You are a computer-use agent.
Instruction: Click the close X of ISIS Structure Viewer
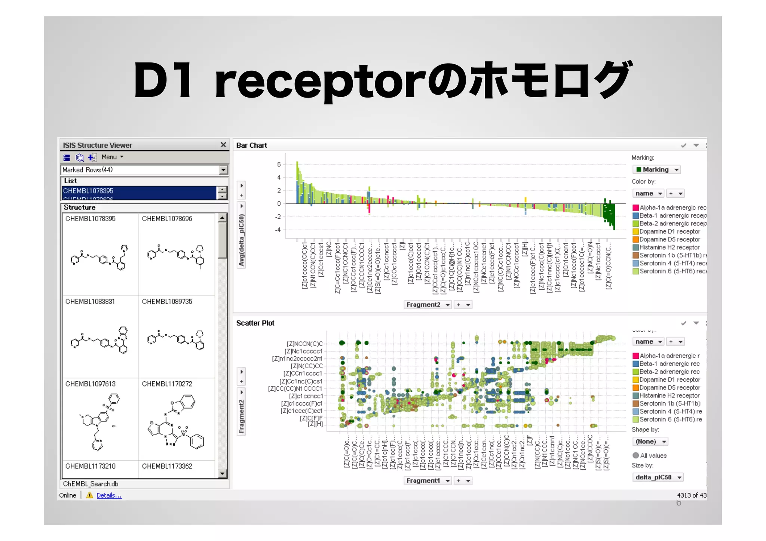click(x=223, y=145)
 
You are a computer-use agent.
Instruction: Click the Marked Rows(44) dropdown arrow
click(x=223, y=170)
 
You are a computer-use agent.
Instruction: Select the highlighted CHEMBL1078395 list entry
click(x=89, y=191)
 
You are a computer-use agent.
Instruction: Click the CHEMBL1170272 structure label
click(x=167, y=384)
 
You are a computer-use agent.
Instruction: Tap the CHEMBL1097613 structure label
click(x=91, y=384)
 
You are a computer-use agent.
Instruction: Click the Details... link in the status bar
click(x=109, y=495)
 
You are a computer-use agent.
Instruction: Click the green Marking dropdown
click(x=656, y=170)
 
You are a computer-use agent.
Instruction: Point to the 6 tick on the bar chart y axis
click(x=279, y=165)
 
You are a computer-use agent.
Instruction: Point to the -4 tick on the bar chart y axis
click(x=278, y=230)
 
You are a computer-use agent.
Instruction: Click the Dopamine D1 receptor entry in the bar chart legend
click(x=670, y=231)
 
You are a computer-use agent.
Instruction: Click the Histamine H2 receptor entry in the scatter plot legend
click(x=669, y=396)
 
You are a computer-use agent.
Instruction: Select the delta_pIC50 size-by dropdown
click(x=657, y=477)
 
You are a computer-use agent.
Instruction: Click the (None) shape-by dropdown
click(x=650, y=442)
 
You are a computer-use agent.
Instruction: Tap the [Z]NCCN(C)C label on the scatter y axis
click(x=304, y=344)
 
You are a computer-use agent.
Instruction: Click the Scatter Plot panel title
click(x=255, y=323)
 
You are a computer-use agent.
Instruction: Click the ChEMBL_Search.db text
click(x=91, y=484)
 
